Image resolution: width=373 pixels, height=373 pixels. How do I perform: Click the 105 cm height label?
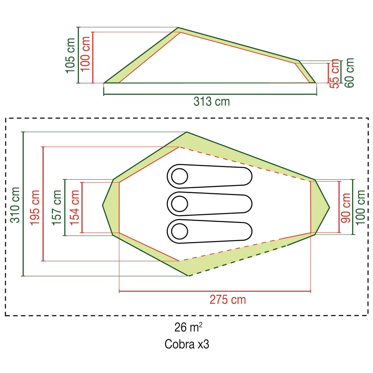70,55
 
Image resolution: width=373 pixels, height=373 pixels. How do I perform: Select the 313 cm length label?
212,102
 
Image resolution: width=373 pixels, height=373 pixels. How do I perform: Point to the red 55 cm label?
334,74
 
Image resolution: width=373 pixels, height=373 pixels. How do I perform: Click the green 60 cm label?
349,73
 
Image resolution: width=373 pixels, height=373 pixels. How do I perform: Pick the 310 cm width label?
15,205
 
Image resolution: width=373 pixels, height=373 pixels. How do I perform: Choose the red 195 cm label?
35,208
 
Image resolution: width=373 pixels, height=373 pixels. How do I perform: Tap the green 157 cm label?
57,208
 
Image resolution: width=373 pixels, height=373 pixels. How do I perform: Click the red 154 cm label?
75,208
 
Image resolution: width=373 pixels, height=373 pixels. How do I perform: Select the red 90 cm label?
346,208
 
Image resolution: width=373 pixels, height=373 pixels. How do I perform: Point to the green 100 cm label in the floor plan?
361,208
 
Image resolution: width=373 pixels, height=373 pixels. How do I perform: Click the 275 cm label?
228,300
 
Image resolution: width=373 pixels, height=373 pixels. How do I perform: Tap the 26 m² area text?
188,327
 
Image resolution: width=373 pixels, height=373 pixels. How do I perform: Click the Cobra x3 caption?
187,344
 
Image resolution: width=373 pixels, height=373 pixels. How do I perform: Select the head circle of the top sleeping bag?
179,177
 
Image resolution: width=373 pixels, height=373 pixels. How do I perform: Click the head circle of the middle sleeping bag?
179,204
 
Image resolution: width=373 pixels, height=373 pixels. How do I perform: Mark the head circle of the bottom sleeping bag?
179,231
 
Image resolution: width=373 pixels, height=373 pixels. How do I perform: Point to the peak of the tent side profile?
178,28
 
